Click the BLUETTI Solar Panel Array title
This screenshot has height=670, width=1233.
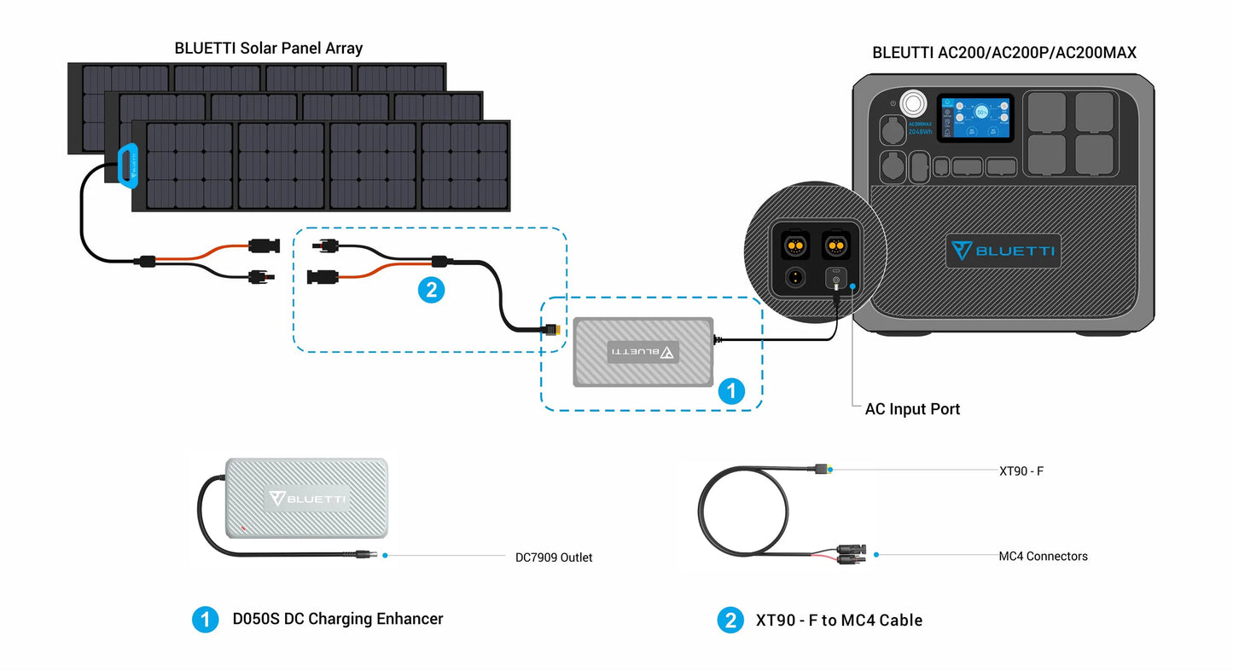pos(268,49)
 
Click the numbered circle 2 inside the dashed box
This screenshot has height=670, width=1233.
pos(431,290)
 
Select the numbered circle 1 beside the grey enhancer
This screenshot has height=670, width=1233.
pos(730,391)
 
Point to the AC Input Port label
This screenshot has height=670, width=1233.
pos(912,409)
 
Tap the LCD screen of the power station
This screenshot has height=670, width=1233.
pos(974,118)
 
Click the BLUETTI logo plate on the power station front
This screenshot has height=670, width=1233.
pos(1003,251)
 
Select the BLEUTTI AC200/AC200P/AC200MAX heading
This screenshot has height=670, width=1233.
pos(1004,53)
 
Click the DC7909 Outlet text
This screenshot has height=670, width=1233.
pos(554,557)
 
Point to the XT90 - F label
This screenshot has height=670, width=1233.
pos(1021,471)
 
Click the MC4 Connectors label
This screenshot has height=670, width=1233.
pos(1043,556)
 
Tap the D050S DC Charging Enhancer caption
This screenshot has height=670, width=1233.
pos(338,619)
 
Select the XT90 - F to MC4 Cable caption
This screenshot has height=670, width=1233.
pos(839,621)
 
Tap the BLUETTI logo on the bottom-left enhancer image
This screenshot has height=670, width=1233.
pos(307,499)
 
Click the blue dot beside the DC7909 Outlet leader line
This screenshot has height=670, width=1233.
pos(386,556)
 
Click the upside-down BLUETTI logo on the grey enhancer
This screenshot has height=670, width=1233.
pos(643,351)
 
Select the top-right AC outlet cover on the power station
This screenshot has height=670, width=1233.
pos(1094,112)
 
